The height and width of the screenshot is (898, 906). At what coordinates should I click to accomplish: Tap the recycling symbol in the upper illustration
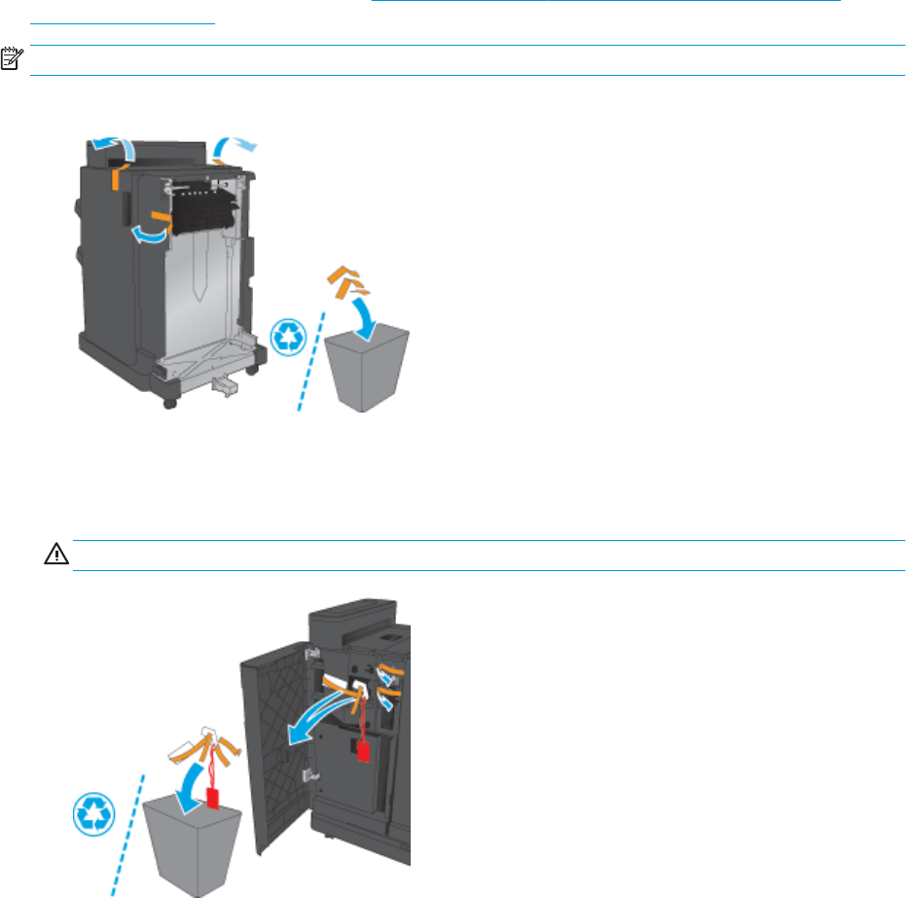click(289, 337)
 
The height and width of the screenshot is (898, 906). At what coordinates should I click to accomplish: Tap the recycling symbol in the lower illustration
click(94, 814)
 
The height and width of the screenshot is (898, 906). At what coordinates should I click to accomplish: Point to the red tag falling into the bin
click(212, 797)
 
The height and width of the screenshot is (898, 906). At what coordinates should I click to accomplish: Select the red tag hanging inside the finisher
click(364, 752)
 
